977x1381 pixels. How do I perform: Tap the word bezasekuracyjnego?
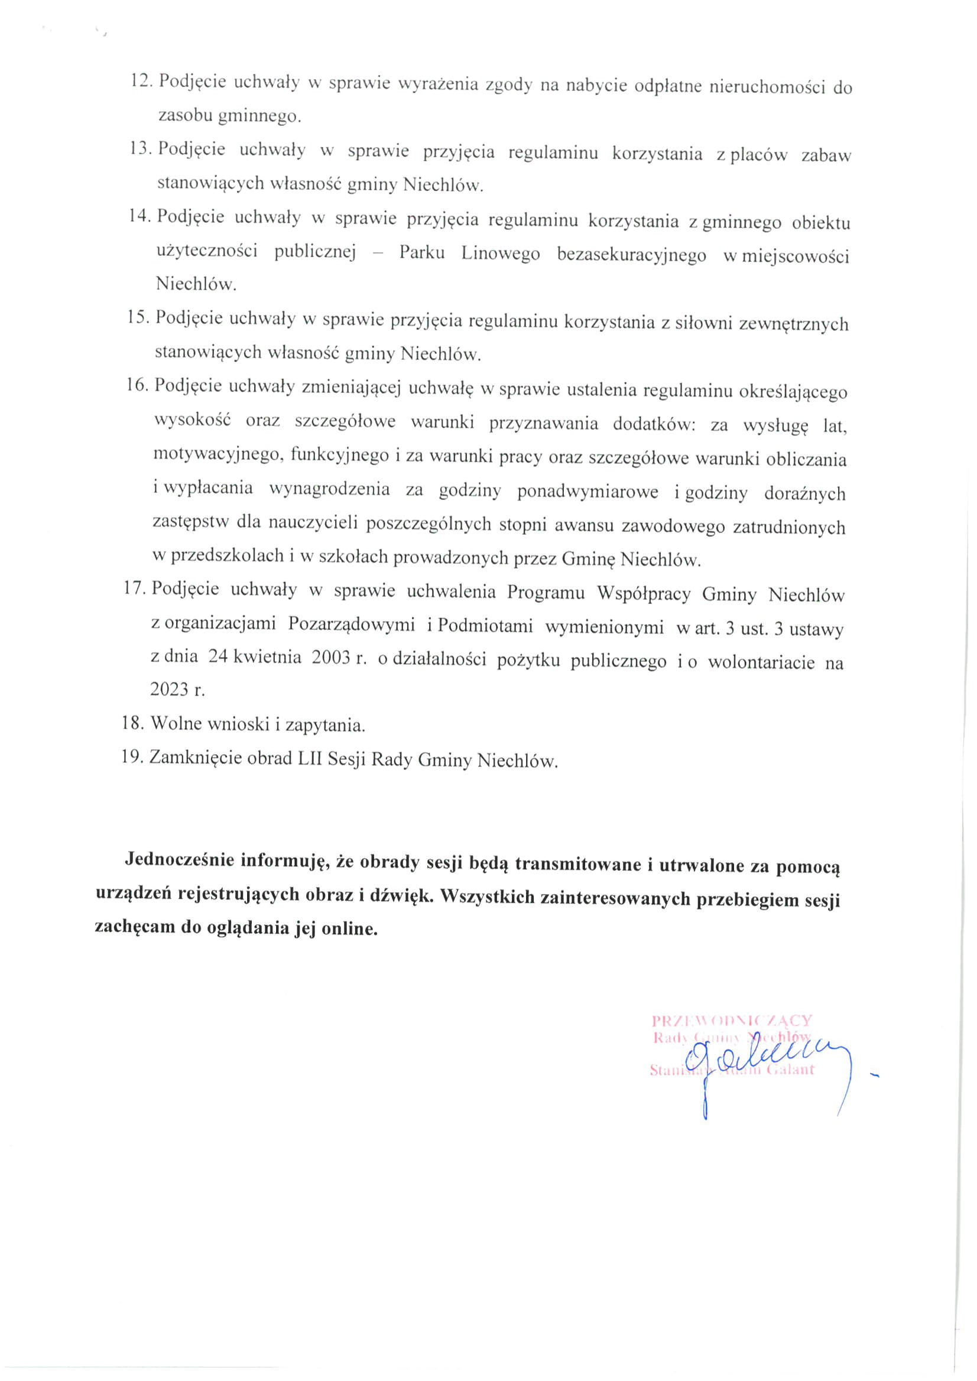631,256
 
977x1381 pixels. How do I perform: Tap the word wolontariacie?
762,662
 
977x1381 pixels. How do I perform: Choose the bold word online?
349,929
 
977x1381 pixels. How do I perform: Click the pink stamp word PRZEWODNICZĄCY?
732,1021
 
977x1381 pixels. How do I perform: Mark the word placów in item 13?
759,155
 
